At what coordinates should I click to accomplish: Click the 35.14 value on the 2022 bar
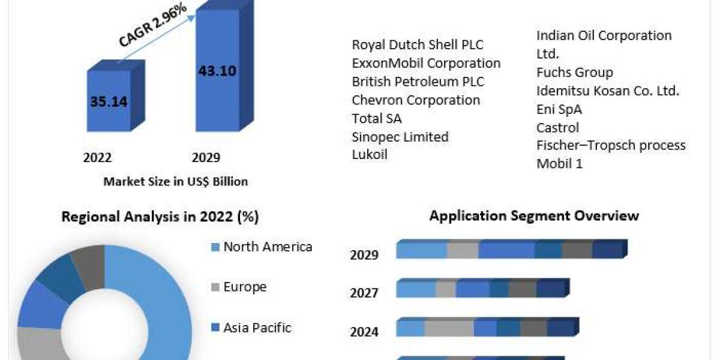point(109,101)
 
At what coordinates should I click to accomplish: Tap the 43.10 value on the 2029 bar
point(217,71)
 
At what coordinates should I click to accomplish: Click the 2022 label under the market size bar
point(97,158)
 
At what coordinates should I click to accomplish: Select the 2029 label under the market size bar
point(206,158)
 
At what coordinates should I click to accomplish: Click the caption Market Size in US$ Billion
point(175,181)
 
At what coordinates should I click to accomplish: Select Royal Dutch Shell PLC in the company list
point(418,44)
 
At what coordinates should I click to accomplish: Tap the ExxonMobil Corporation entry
point(426,63)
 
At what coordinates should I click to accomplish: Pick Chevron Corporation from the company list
point(416,100)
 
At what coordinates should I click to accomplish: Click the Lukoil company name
point(370,154)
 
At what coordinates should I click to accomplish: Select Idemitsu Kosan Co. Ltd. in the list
point(607,91)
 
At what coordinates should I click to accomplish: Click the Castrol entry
point(557,127)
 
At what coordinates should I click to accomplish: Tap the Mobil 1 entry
point(559,163)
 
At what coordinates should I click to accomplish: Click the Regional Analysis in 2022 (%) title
point(160,217)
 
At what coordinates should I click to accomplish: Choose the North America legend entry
point(268,247)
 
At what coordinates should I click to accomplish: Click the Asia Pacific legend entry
point(257,328)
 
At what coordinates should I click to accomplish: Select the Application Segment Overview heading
point(534,215)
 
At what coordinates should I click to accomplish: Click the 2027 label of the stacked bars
point(364,293)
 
